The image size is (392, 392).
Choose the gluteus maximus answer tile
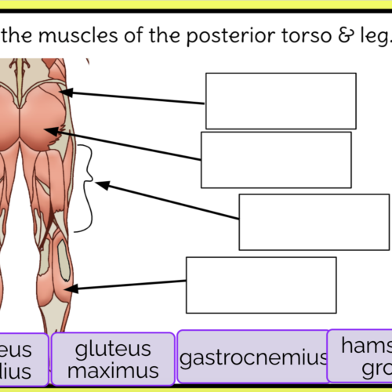point(114,359)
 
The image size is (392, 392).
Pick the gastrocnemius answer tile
point(253,358)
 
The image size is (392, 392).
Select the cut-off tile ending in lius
point(24,359)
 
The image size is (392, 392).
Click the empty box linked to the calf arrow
point(261,285)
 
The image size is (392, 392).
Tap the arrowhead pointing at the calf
point(71,289)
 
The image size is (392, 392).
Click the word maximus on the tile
point(114,370)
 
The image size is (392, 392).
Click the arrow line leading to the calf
point(129,286)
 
